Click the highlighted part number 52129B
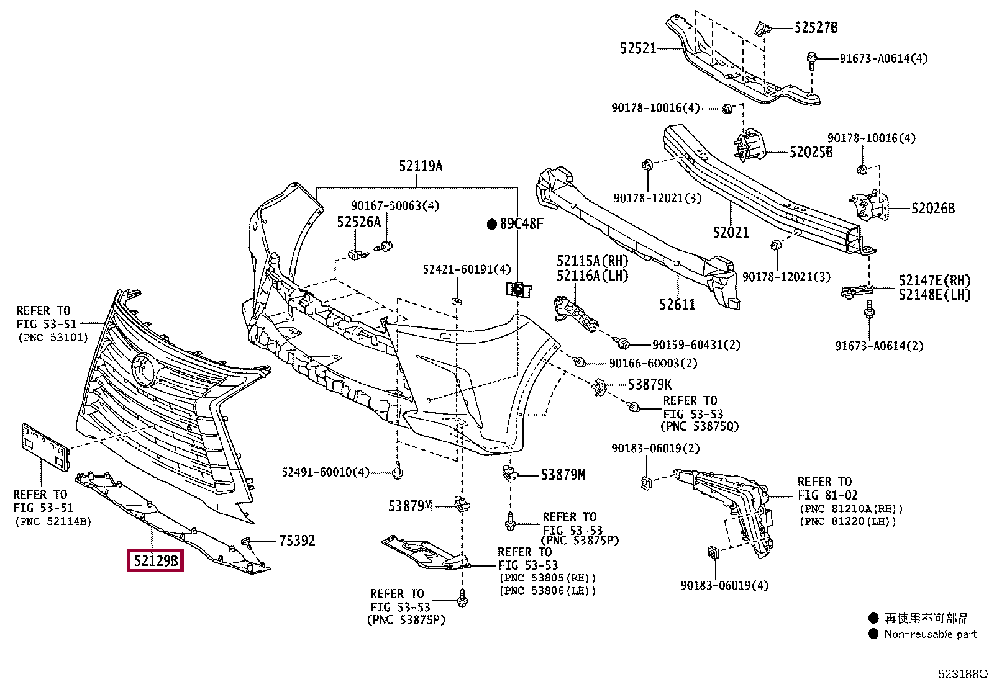click(x=155, y=560)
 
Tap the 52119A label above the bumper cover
click(x=421, y=166)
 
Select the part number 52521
click(x=638, y=48)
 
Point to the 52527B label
click(x=816, y=28)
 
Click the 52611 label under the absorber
click(x=677, y=304)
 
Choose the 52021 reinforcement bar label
click(x=731, y=232)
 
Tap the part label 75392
click(x=297, y=541)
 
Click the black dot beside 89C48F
click(x=492, y=225)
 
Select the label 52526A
click(x=358, y=222)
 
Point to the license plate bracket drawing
click(x=45, y=447)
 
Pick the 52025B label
click(x=811, y=152)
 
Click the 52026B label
click(x=933, y=209)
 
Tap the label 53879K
click(x=650, y=385)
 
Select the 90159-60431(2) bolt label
click(x=696, y=345)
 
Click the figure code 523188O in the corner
click(x=962, y=674)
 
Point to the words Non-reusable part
click(x=931, y=634)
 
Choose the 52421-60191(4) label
click(x=467, y=269)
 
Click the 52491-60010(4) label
click(x=326, y=472)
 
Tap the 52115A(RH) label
click(x=592, y=261)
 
